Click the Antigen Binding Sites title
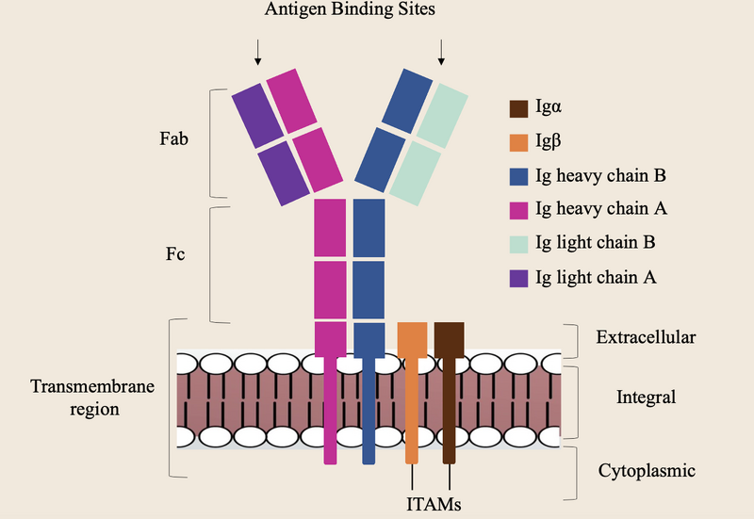coord(349,12)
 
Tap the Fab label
coord(174,139)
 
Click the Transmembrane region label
coord(91,397)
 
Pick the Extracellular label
coord(647,336)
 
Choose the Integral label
coord(647,397)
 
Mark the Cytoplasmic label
coord(647,469)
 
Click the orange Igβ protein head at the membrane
coord(412,338)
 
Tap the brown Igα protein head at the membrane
coord(450,338)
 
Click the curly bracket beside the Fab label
coord(215,141)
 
